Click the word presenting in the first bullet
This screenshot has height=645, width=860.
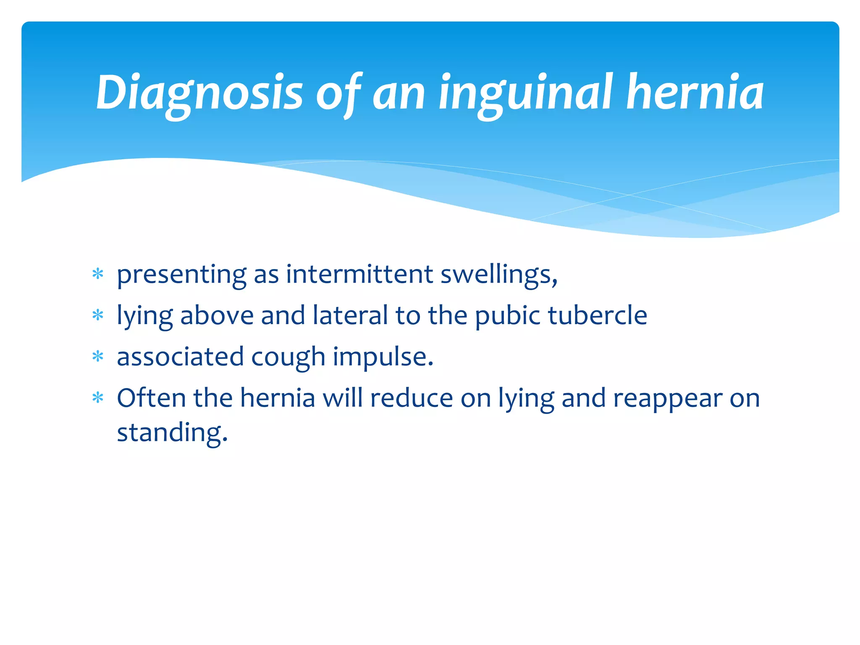point(181,275)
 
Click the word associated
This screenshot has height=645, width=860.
point(180,357)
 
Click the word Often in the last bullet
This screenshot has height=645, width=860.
point(151,398)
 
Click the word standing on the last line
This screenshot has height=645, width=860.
point(172,433)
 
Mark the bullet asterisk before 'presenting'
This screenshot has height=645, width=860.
point(98,275)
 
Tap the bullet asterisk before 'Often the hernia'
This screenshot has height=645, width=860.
point(98,398)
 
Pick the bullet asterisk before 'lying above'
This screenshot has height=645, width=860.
point(98,315)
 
